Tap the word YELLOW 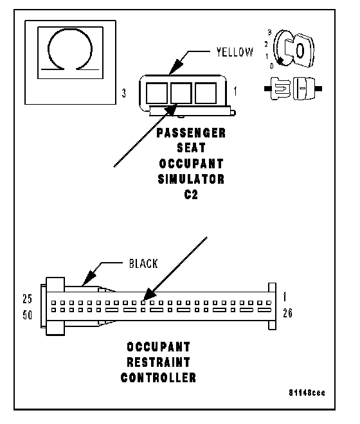coord(235,52)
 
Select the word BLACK coord(143,263)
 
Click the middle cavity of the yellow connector coord(181,93)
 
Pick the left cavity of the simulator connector coord(157,93)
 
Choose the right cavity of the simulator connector coord(206,93)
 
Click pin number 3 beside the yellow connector coord(123,93)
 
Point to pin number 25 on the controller coord(28,299)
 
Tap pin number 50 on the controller coord(28,315)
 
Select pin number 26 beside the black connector coord(288,313)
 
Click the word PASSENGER coord(191,133)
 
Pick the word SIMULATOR coord(191,179)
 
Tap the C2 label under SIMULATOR coord(191,195)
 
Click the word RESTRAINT coord(158,362)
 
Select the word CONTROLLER coord(158,378)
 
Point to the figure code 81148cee coord(307,393)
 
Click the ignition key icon coord(294,49)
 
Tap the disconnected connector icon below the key coord(293,89)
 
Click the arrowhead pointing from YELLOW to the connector coord(176,67)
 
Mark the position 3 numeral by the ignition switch coord(269,32)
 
